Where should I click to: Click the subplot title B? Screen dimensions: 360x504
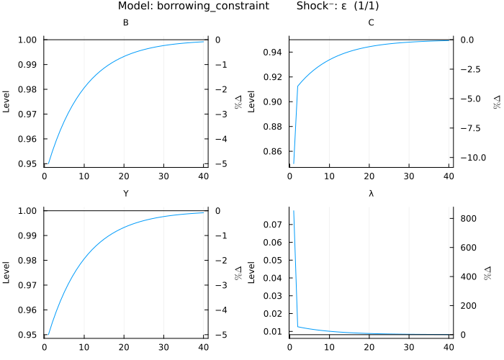(x=126, y=23)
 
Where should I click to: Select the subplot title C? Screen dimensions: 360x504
(x=372, y=23)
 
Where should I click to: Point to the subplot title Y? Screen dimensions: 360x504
(x=126, y=194)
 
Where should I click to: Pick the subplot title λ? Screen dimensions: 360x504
(x=372, y=194)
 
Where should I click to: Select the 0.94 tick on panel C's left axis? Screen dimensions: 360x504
(x=274, y=52)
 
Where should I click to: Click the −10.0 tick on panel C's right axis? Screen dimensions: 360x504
(x=474, y=157)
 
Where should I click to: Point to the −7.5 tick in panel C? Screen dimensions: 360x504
(x=474, y=128)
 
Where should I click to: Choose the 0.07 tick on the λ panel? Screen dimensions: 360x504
(x=274, y=225)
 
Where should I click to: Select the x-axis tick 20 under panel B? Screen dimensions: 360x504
(x=125, y=175)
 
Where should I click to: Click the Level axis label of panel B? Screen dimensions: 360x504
(x=7, y=102)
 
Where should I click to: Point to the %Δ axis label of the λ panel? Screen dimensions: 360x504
(x=496, y=272)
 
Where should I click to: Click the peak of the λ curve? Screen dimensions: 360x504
(x=293, y=210)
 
